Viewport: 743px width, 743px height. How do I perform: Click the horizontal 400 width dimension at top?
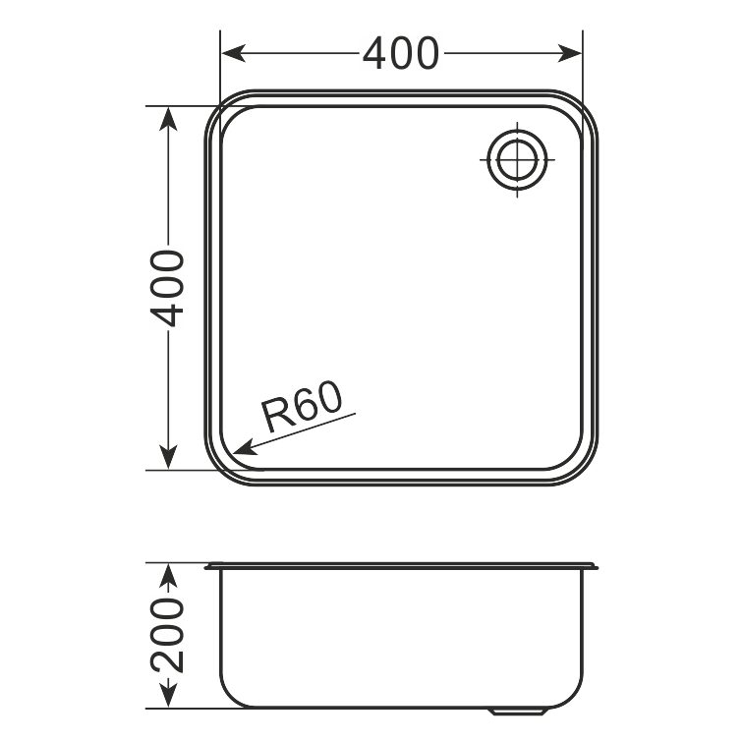coord(401,53)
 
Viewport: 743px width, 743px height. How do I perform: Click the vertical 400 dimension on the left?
coord(167,288)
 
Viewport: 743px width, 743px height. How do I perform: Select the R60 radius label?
coord(302,407)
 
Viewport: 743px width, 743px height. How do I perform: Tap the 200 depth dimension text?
coord(167,635)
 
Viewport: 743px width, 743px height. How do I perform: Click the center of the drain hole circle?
coord(517,159)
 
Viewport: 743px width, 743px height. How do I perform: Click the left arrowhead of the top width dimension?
coord(234,53)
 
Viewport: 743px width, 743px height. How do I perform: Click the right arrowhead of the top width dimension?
coord(569,53)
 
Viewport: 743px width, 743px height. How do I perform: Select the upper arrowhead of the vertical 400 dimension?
coord(168,119)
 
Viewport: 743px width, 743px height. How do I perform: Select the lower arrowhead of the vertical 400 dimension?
coord(168,457)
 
